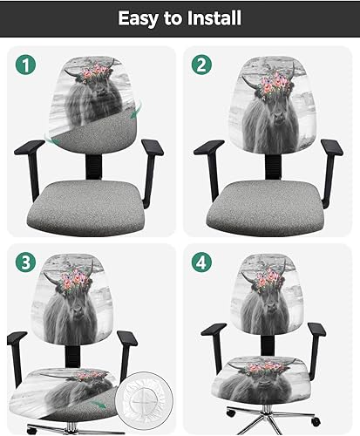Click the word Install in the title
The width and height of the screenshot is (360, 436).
(209, 17)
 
